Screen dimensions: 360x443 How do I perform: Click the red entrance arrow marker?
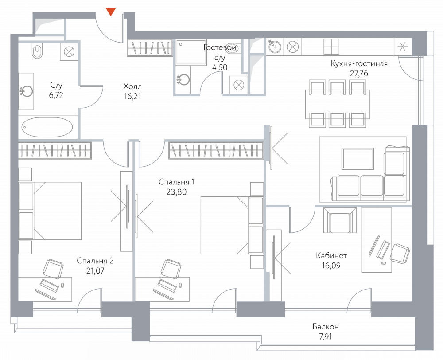pos(111,12)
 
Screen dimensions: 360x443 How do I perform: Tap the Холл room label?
pos(133,86)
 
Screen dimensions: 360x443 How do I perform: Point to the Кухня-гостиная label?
pos(359,64)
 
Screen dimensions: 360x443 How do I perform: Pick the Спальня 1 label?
pos(177,182)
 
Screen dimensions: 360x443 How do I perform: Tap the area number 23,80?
pos(177,192)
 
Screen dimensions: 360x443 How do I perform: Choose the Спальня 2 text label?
pos(95,261)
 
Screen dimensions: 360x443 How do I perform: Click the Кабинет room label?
pos(331,256)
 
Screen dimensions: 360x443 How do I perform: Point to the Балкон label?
pos(325,327)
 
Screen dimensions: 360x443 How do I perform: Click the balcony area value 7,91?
pos(325,337)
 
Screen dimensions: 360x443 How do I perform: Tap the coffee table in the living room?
pos(358,159)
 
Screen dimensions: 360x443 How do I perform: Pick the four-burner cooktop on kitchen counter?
pos(331,46)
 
